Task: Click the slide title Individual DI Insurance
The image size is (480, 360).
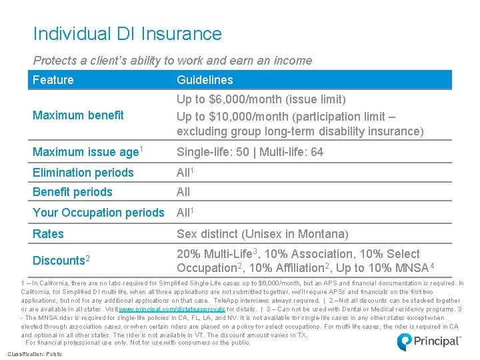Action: [x=127, y=33]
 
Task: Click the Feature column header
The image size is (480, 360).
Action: [x=53, y=80]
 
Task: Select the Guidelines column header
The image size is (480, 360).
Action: [x=205, y=80]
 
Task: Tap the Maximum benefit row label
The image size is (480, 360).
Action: [x=78, y=115]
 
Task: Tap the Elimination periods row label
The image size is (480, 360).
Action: [x=83, y=173]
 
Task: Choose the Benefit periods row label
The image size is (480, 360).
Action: [x=72, y=192]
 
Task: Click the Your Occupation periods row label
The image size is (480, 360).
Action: [x=98, y=213]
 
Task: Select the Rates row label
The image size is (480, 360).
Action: [x=48, y=234]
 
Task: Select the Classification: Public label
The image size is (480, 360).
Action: [x=35, y=354]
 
